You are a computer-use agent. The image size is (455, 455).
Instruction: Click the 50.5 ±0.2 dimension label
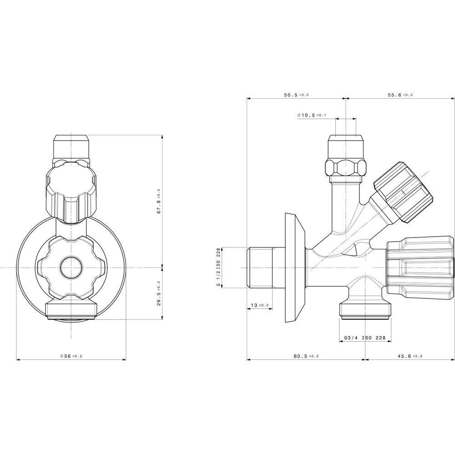tap(296, 95)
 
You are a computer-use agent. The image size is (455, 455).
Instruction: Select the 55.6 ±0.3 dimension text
tap(400, 95)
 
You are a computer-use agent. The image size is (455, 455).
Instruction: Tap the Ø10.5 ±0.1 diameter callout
tap(312, 116)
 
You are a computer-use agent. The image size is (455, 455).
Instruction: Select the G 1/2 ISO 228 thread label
tap(218, 267)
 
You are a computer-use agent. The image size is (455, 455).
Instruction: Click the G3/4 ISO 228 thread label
tap(365, 338)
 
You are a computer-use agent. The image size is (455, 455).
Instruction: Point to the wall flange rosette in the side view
tap(295, 268)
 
